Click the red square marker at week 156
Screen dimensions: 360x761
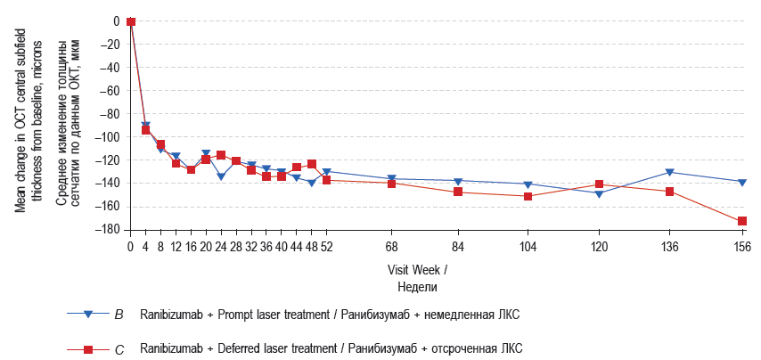741,221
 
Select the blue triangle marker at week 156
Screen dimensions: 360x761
741,182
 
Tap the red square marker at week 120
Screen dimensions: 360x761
599,184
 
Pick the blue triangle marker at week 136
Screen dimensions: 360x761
669,172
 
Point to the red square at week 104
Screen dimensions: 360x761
528,196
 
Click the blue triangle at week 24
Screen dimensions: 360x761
221,176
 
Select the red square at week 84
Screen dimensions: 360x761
458,192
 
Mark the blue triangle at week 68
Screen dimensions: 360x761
392,179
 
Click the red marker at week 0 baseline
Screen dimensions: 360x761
131,21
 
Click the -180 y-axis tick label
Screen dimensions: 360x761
108,230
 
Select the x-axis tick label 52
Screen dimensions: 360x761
326,247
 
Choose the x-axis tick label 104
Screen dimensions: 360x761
528,247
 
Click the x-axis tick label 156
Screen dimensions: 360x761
741,247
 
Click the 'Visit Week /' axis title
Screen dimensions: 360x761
417,269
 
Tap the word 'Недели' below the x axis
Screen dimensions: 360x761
417,286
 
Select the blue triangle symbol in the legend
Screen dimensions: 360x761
88,315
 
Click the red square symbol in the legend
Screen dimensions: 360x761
88,349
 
